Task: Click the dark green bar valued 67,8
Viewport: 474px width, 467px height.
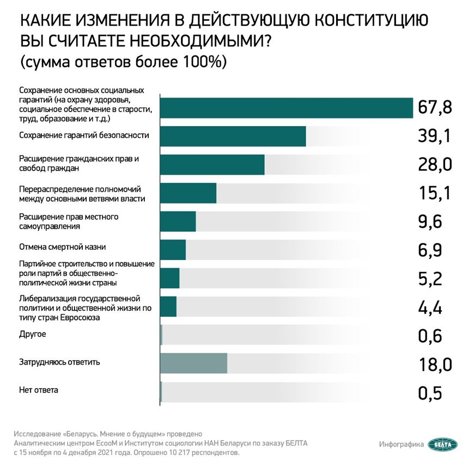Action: pyautogui.click(x=286, y=107)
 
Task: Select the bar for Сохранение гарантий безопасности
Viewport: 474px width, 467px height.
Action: pyautogui.click(x=233, y=136)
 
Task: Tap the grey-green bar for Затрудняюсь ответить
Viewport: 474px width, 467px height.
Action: pyautogui.click(x=193, y=363)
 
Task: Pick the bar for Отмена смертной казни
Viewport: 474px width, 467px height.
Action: pyautogui.click(x=173, y=249)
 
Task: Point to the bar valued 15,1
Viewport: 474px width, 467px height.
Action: pyautogui.click(x=188, y=193)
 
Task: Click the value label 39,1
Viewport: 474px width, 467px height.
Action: pyautogui.click(x=434, y=136)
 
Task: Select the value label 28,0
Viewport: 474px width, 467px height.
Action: pyautogui.click(x=434, y=164)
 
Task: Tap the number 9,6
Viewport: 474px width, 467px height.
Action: pyautogui.click(x=429, y=222)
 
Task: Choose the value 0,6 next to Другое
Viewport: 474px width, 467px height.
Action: pyautogui.click(x=429, y=335)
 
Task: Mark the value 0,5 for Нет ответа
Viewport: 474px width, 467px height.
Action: pyautogui.click(x=429, y=392)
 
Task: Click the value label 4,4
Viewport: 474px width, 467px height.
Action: pyautogui.click(x=429, y=308)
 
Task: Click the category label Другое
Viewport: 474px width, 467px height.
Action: pyautogui.click(x=32, y=334)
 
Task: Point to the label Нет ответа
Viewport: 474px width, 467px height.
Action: pyautogui.click(x=38, y=390)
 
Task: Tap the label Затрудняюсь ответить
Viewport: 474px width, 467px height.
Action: pyautogui.click(x=59, y=362)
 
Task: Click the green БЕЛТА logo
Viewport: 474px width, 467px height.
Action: pyautogui.click(x=442, y=444)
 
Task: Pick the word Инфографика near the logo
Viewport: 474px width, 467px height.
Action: pyautogui.click(x=402, y=445)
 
